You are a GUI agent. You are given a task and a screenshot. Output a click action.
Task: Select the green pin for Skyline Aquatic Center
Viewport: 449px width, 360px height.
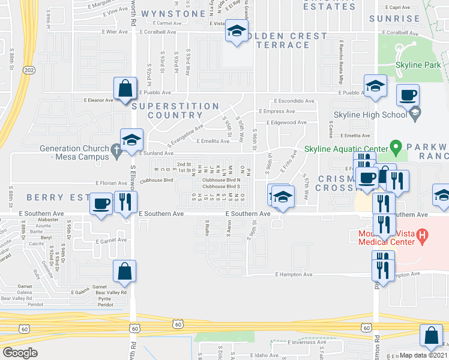tap(395, 146)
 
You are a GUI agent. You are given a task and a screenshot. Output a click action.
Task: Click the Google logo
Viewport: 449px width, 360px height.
tap(20, 353)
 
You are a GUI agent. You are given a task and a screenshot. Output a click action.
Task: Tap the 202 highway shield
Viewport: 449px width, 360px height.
tap(29, 70)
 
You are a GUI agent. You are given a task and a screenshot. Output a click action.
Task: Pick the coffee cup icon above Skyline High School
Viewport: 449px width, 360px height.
tap(408, 95)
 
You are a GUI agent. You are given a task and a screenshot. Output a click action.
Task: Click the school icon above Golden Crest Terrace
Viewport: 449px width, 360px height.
tap(237, 31)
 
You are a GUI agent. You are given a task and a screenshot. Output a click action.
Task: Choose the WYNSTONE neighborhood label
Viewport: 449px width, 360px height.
tap(165, 13)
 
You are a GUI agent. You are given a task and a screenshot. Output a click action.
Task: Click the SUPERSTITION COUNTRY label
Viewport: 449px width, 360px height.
tap(175, 110)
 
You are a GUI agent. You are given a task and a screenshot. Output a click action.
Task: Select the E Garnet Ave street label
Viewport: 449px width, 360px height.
tap(110, 240)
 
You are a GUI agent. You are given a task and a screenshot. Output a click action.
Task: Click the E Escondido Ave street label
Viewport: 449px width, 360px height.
tap(295, 101)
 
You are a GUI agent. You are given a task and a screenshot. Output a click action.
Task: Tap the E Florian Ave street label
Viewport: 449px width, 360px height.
tap(110, 183)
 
